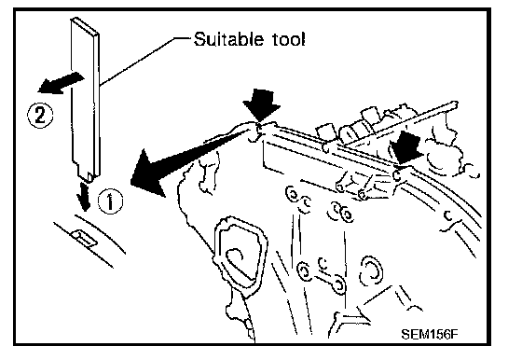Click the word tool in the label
[288, 39]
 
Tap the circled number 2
[40, 116]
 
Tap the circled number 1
[110, 201]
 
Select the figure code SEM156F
[430, 333]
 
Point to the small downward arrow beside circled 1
[84, 197]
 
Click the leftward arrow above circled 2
[61, 83]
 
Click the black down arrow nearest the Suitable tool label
[262, 104]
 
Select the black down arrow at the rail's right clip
[405, 147]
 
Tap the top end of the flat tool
[85, 25]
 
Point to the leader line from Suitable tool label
[145, 61]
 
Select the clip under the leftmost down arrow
[257, 131]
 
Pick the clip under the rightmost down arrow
[396, 174]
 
